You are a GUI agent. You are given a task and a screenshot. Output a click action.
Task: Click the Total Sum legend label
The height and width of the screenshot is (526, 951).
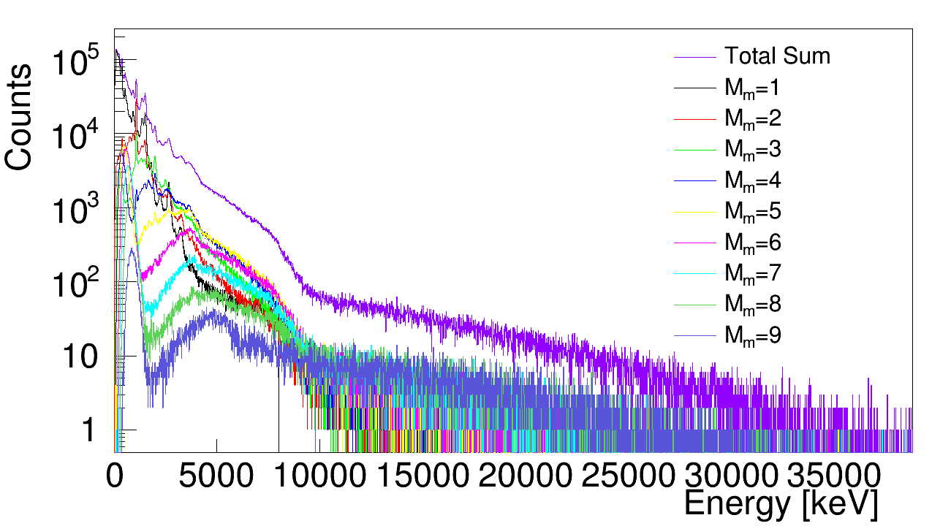tap(777, 56)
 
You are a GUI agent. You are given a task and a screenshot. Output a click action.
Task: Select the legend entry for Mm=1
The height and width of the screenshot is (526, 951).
tap(752, 88)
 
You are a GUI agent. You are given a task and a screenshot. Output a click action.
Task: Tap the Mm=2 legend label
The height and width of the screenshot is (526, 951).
tap(752, 119)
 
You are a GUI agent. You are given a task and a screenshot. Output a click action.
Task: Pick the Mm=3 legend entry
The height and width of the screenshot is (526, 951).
tap(752, 150)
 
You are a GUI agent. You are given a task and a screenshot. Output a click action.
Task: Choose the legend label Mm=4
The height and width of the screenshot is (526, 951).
tap(752, 180)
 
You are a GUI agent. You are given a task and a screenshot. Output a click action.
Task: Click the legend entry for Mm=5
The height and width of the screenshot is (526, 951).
tap(752, 212)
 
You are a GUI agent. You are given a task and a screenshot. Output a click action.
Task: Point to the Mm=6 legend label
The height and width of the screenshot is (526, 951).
tap(752, 243)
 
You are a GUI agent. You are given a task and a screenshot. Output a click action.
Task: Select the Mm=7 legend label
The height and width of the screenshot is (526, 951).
tap(752, 273)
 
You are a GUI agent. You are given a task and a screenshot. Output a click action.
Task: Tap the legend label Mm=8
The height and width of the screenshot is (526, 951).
tap(752, 304)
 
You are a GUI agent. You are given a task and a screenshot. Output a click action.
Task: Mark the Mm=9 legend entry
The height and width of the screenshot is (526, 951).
tap(752, 335)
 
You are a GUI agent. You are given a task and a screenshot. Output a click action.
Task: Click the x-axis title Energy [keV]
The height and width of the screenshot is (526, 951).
tap(780, 504)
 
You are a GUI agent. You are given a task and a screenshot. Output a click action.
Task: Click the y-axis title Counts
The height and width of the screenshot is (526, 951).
tap(19, 117)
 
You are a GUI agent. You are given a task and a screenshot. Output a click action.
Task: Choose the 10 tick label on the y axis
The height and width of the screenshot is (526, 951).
tap(77, 357)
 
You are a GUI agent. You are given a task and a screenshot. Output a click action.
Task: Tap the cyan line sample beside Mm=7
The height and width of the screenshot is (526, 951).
tap(693, 273)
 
